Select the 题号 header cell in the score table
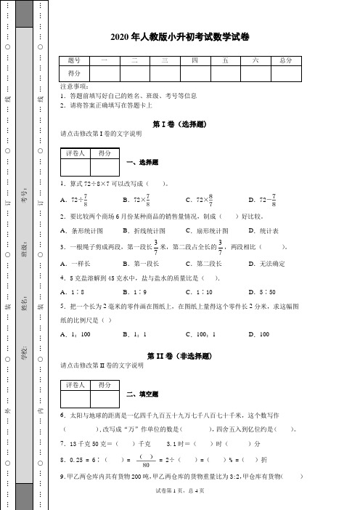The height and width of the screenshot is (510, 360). (x=74, y=61)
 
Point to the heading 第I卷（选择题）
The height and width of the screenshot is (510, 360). (x=179, y=124)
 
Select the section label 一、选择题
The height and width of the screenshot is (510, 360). (x=143, y=163)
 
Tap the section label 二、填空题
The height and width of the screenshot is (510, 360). (x=143, y=394)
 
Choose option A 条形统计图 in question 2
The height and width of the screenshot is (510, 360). (x=83, y=230)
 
